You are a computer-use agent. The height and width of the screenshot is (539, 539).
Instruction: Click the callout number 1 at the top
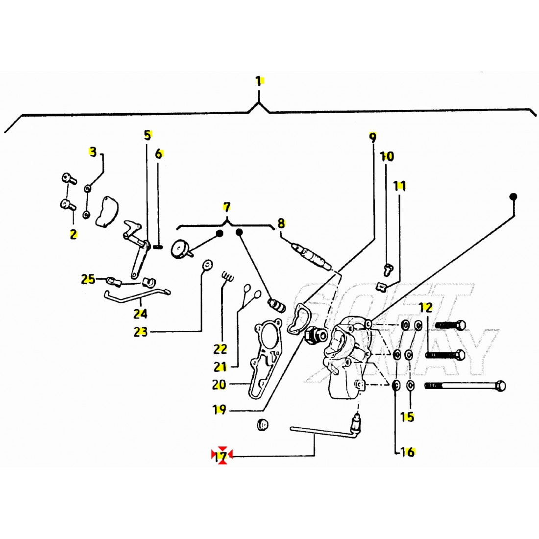(x=258, y=81)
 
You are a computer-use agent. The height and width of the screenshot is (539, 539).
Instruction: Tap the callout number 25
(x=88, y=280)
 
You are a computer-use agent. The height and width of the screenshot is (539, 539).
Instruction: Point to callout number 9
(x=372, y=137)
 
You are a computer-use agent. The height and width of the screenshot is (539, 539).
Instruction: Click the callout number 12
(x=426, y=308)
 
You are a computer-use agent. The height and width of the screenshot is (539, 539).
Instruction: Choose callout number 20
(x=219, y=385)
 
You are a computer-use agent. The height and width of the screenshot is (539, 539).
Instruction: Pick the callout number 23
(x=141, y=332)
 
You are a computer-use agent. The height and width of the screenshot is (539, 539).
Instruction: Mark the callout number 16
(x=408, y=452)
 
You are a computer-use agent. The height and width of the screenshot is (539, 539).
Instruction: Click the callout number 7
(x=226, y=207)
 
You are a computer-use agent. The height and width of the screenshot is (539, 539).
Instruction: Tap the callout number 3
(x=93, y=152)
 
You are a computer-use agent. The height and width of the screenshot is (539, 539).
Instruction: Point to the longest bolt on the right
(x=465, y=386)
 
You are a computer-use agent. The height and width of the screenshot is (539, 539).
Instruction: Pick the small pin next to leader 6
(x=158, y=246)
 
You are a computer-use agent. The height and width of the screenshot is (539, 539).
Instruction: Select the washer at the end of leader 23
(x=207, y=265)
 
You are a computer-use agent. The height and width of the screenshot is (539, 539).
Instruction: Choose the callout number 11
(x=400, y=186)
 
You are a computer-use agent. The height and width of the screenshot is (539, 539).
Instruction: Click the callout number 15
(x=407, y=417)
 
